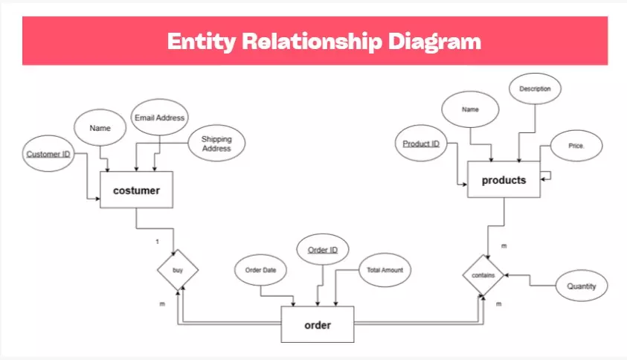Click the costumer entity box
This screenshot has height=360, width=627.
click(x=136, y=190)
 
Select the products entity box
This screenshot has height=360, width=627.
click(x=504, y=179)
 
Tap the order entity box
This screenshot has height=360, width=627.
click(x=318, y=324)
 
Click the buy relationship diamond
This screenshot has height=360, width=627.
click(x=178, y=270)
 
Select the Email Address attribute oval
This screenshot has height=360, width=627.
click(x=159, y=118)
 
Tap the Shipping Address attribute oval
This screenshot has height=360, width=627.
click(x=216, y=144)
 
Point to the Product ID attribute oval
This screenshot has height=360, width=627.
click(x=421, y=143)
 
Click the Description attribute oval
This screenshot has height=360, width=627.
click(x=535, y=89)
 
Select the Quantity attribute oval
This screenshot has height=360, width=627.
click(x=582, y=285)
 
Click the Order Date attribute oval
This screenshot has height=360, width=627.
click(x=260, y=270)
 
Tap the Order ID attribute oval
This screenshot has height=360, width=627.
click(x=323, y=250)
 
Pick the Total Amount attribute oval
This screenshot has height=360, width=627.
click(x=385, y=270)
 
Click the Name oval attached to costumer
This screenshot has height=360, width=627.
click(x=100, y=128)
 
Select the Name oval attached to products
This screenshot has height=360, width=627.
click(x=470, y=109)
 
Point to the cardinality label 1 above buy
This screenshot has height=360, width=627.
click(x=157, y=242)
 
